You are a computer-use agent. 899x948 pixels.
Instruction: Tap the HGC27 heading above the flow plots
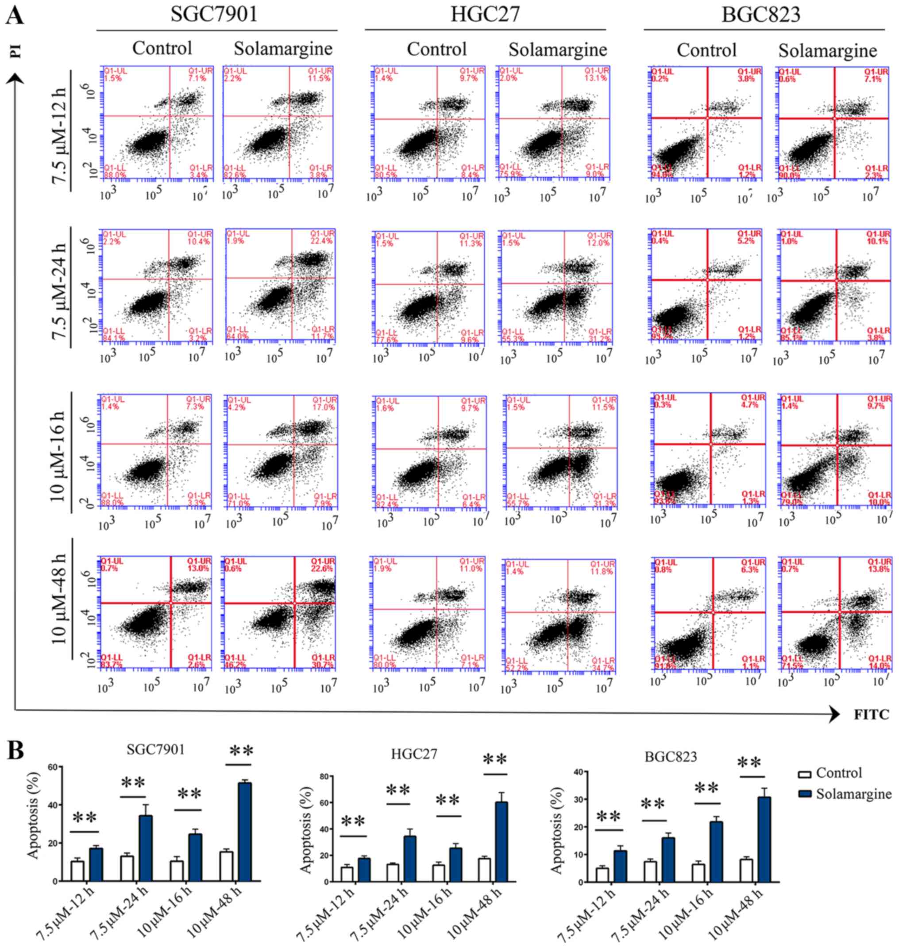(485, 14)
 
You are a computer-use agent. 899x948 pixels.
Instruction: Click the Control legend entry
(838, 773)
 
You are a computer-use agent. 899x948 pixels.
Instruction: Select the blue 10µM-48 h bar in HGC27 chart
(502, 842)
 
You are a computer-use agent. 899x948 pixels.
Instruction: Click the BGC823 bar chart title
(671, 757)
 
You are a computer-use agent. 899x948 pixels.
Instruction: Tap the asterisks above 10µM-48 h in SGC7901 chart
(242, 751)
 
